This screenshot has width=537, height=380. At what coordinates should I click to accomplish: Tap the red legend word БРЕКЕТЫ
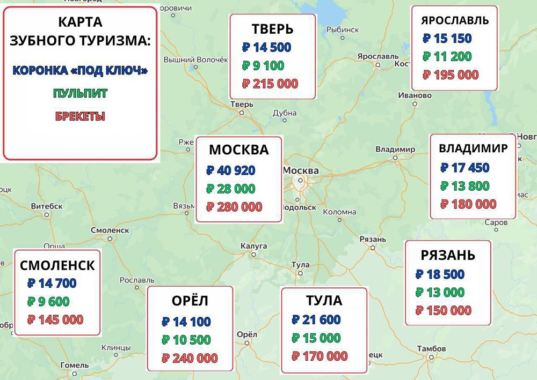[79, 116]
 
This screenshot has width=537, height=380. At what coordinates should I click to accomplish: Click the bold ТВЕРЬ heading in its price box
[272, 29]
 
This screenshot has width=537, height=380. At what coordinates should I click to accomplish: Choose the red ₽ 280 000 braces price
[234, 206]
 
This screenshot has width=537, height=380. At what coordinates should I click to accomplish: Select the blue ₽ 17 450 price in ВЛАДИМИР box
[465, 168]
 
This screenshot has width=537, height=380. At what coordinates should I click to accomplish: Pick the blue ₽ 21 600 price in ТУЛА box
[316, 320]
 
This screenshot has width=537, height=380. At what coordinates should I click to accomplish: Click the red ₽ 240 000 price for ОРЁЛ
[190, 358]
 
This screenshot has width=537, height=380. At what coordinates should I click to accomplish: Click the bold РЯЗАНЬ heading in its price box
[448, 255]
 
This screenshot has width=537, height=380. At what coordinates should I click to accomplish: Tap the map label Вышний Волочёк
[192, 59]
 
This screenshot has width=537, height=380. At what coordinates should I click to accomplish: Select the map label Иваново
[415, 95]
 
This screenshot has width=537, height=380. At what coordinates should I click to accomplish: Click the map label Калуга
[253, 245]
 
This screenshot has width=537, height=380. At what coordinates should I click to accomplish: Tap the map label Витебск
[44, 206]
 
